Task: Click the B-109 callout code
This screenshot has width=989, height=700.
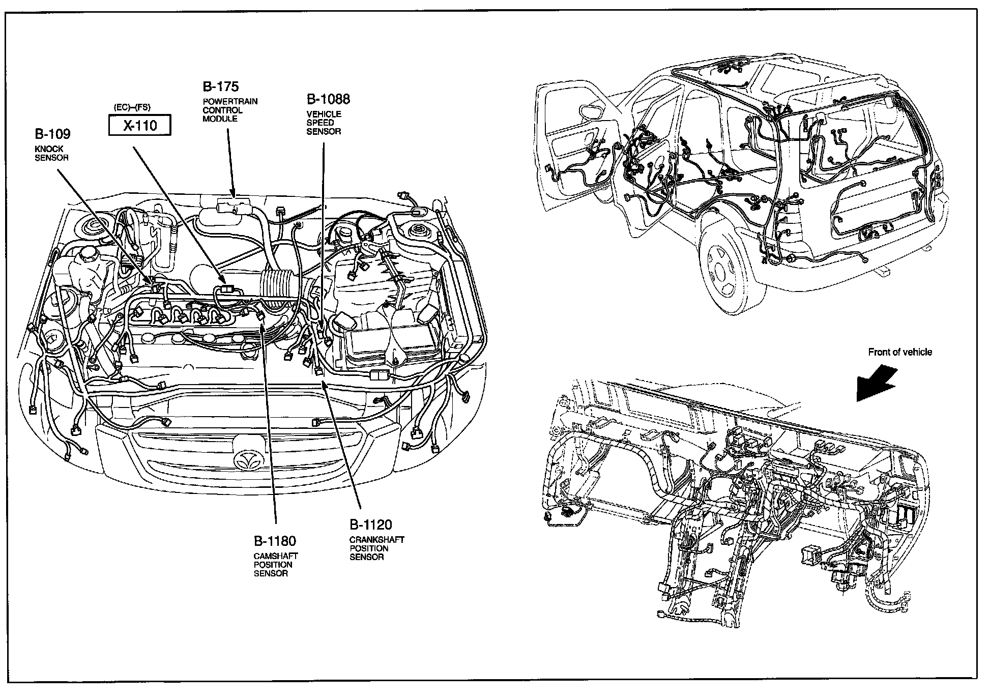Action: [52, 134]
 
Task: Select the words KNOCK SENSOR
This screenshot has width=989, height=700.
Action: [51, 153]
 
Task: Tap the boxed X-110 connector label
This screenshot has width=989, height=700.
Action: [140, 125]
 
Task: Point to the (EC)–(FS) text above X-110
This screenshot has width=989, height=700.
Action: [132, 107]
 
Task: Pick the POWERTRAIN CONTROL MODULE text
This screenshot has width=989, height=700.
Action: [230, 110]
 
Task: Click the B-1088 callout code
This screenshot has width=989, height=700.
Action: [328, 99]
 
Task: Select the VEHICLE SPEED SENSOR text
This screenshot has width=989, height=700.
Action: [324, 123]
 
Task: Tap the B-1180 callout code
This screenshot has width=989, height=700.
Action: [275, 540]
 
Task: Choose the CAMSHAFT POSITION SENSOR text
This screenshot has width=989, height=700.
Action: [276, 565]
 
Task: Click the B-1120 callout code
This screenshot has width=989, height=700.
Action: [370, 524]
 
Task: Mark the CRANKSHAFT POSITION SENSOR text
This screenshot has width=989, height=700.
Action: [376, 548]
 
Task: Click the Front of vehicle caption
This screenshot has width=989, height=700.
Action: [900, 352]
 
